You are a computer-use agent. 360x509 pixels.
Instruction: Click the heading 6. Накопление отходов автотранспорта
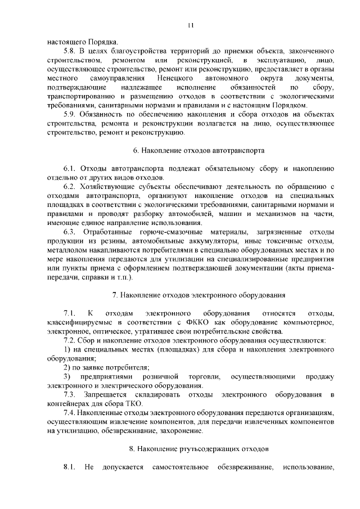tap(191, 151)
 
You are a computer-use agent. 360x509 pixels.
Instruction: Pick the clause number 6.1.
tap(70, 168)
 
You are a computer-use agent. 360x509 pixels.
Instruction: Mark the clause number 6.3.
tap(70, 232)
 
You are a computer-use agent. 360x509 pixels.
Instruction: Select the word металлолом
tap(68, 250)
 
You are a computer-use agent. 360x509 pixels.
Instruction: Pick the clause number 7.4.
tap(70, 412)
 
